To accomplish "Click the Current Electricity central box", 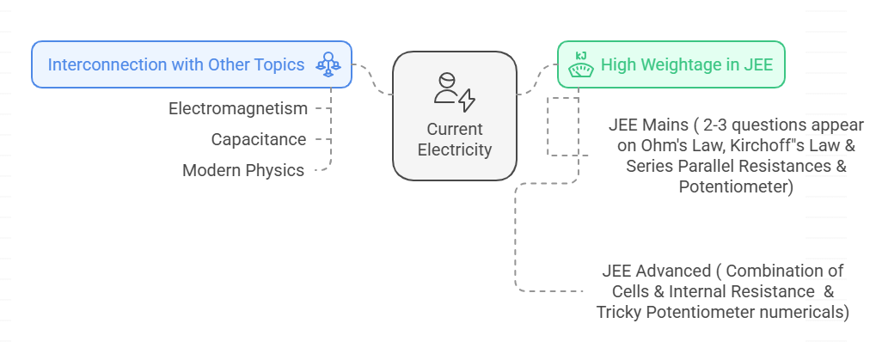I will [x=454, y=116].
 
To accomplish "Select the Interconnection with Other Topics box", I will [x=191, y=64].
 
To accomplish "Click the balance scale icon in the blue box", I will [x=328, y=64].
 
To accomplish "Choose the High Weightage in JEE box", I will [x=671, y=64].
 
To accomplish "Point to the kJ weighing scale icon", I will [x=581, y=64].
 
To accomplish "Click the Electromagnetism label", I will [x=238, y=108].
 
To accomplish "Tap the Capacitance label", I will [x=259, y=139].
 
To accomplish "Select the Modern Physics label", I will [x=243, y=170].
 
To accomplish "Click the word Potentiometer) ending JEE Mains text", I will [x=735, y=186].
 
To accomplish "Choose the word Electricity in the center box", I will [x=455, y=149].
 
